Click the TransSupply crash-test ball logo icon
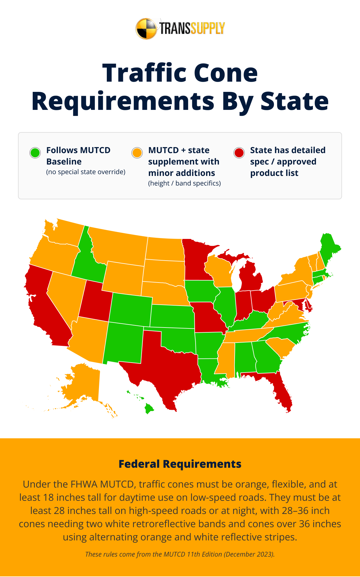click(x=146, y=29)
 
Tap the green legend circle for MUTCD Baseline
click(x=35, y=153)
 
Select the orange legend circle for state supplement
click(x=137, y=153)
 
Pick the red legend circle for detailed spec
click(x=239, y=153)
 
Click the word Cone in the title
click(x=226, y=73)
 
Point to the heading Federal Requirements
click(x=180, y=464)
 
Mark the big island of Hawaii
click(x=149, y=408)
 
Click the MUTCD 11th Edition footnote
click(x=180, y=554)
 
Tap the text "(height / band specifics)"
click(x=184, y=183)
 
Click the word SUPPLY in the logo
click(x=208, y=29)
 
